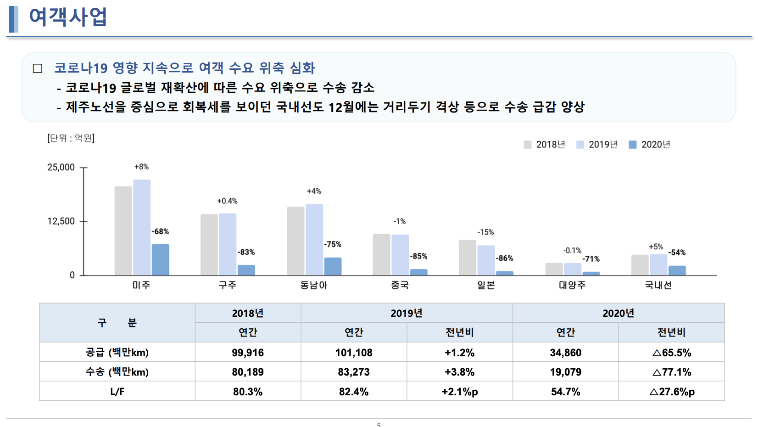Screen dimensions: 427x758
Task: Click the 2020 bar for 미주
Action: tap(160, 259)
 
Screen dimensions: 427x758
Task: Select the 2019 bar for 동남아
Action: tap(314, 239)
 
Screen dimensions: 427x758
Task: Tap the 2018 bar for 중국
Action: tap(381, 254)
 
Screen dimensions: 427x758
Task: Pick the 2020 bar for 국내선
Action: tap(677, 270)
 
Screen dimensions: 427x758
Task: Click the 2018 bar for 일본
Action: tap(468, 257)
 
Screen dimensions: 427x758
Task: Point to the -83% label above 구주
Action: tap(246, 252)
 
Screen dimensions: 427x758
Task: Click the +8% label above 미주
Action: tap(141, 167)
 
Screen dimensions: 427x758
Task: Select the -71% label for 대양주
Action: tap(591, 259)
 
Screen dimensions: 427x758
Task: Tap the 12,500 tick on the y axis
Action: tap(61, 221)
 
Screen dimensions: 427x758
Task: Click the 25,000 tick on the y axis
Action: tap(61, 168)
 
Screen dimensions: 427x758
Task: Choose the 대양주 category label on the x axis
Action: tap(572, 285)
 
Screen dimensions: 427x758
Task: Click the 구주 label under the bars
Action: tap(228, 285)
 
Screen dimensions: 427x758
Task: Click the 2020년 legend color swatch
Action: tap(633, 145)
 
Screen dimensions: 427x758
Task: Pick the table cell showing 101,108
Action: tap(354, 353)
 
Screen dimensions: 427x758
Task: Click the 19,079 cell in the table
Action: tap(565, 372)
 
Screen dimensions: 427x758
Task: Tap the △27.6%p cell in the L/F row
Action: tap(672, 392)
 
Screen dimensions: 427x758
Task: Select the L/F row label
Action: tap(117, 392)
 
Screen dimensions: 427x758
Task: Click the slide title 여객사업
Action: tap(68, 17)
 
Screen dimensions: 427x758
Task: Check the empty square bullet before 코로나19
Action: tap(38, 68)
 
